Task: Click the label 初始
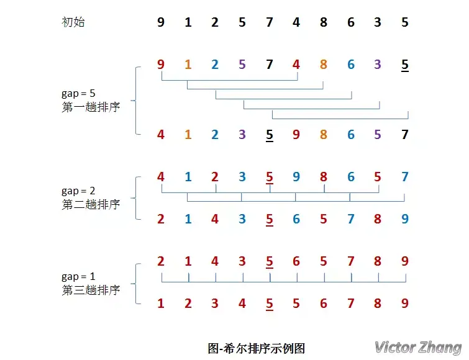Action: point(73,23)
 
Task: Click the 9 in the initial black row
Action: point(161,23)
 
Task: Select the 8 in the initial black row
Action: point(324,23)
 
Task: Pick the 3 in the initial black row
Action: point(378,23)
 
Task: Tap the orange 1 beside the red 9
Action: point(188,64)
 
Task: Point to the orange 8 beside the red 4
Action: point(324,64)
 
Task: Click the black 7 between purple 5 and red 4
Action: point(270,64)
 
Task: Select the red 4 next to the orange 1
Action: point(161,133)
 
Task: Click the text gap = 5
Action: point(78,93)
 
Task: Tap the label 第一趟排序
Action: point(91,106)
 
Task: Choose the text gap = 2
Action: point(78,191)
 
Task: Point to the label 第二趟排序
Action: point(91,204)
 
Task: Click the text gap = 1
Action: point(78,276)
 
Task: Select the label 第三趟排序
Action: point(91,289)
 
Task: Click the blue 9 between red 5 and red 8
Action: point(296,177)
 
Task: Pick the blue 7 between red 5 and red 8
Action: point(350,218)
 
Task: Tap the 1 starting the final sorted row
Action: point(161,304)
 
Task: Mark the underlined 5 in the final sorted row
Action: point(270,304)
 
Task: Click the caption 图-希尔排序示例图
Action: point(257,348)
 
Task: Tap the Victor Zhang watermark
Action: point(417,347)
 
